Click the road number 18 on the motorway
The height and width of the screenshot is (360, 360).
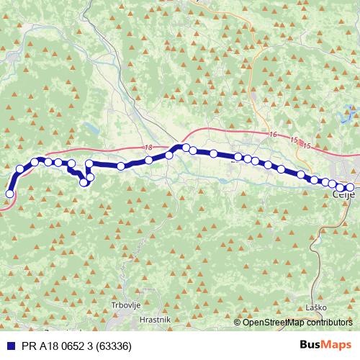tap(148, 147)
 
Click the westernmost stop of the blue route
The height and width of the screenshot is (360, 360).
tap(10, 193)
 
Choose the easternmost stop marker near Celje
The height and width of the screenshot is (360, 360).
tap(351, 187)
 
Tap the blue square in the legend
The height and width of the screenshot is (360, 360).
tap(6, 346)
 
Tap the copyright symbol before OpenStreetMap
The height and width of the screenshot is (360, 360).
tap(238, 322)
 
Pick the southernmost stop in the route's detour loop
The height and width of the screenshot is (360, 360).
tap(84, 182)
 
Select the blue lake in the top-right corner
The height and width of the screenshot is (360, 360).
tap(350, 112)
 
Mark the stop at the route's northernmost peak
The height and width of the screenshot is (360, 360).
tap(185, 148)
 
